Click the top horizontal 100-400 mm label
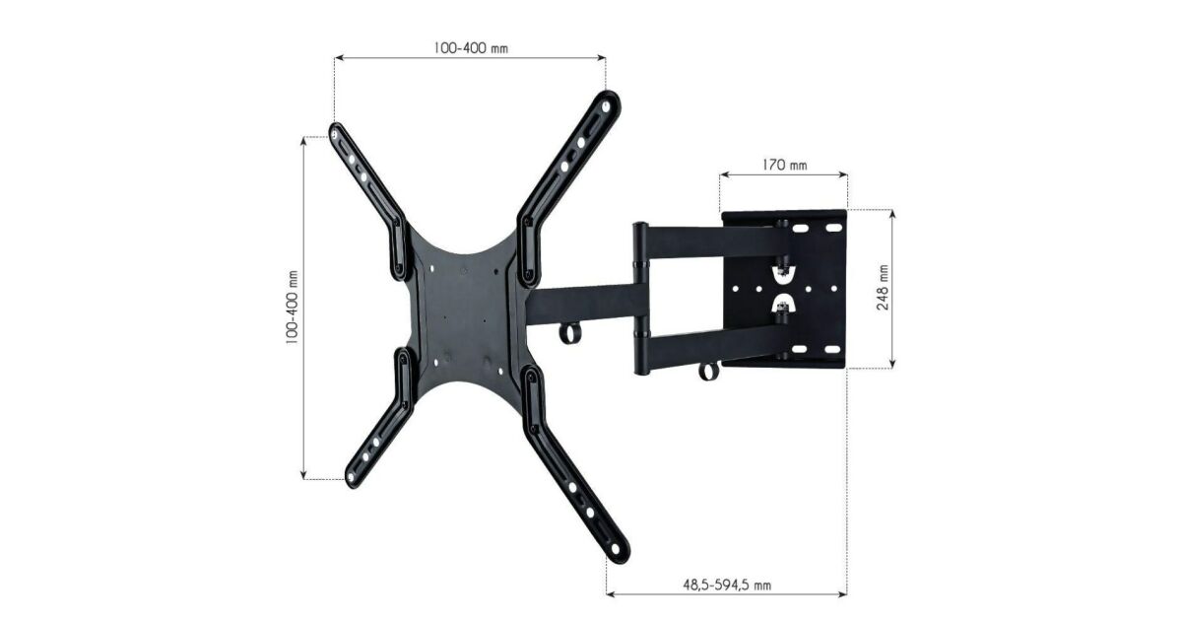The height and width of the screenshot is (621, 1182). (x=471, y=48)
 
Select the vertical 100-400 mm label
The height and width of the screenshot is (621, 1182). (x=292, y=308)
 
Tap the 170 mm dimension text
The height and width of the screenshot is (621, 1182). (x=784, y=166)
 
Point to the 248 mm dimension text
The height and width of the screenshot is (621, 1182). (x=883, y=288)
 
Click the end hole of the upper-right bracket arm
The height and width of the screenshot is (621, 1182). (x=605, y=106)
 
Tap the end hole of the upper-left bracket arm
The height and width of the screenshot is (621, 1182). (x=335, y=135)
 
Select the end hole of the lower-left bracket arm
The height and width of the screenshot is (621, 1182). (x=351, y=478)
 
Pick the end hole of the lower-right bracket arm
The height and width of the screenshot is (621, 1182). (x=615, y=549)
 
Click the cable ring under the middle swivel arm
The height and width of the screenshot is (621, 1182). (x=570, y=334)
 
